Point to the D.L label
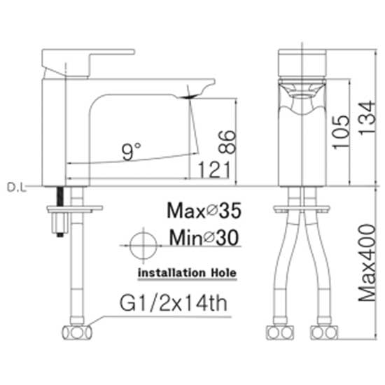click(17, 188)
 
